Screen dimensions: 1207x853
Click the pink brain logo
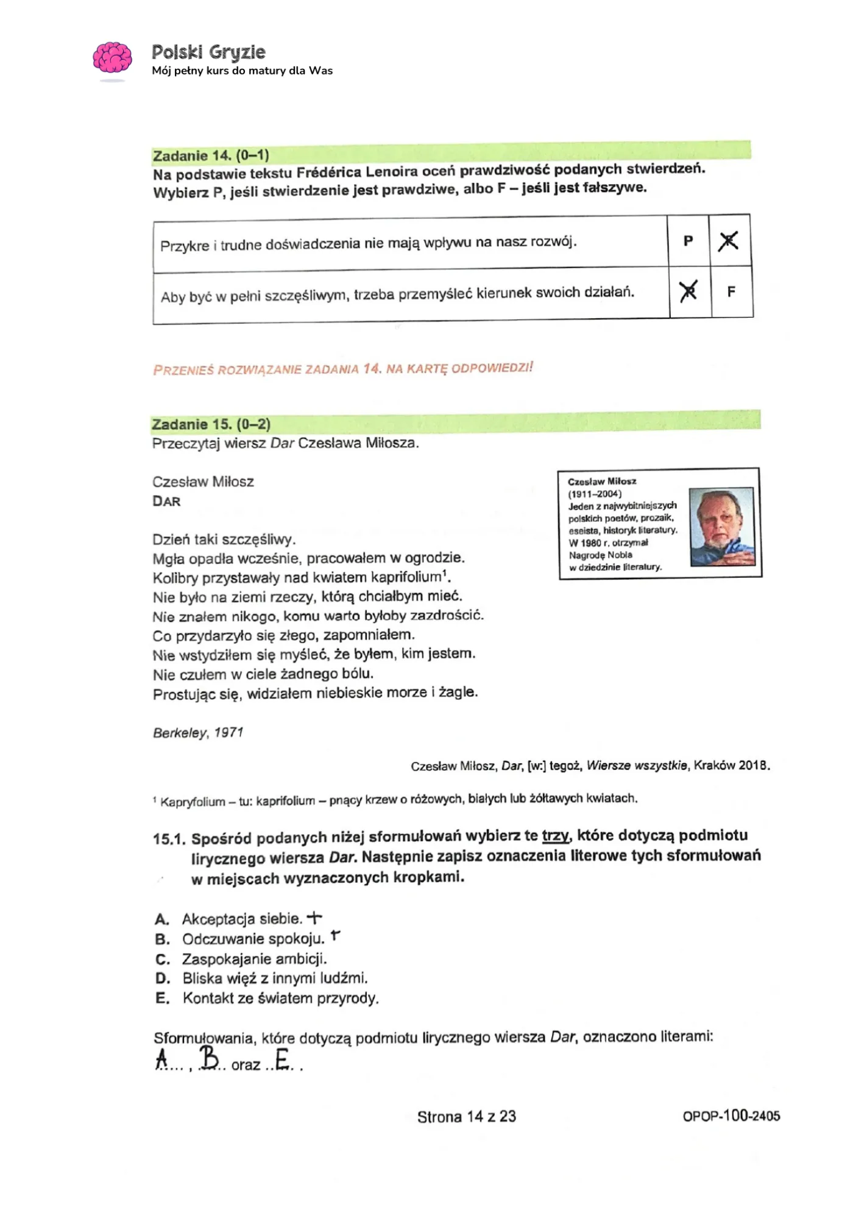(112, 59)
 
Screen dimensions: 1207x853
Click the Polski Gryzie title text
(208, 52)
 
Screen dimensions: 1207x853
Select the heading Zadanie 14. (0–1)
(211, 155)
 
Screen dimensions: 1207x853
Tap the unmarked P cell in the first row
(688, 241)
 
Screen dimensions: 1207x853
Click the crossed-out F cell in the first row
(729, 241)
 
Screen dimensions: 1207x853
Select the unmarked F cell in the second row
(731, 291)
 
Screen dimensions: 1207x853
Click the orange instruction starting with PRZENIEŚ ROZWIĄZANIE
(343, 369)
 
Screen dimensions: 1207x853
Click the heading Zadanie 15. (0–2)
(211, 424)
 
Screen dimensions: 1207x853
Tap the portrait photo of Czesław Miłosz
(721, 526)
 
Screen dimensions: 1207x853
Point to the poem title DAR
(166, 501)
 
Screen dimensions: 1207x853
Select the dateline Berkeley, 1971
(198, 733)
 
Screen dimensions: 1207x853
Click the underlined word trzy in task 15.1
(556, 835)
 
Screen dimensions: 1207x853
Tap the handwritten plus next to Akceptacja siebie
(314, 917)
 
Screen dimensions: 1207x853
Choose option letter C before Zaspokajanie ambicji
(162, 959)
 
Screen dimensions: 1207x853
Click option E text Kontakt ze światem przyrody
(280, 999)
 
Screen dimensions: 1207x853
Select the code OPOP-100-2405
(731, 1116)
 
